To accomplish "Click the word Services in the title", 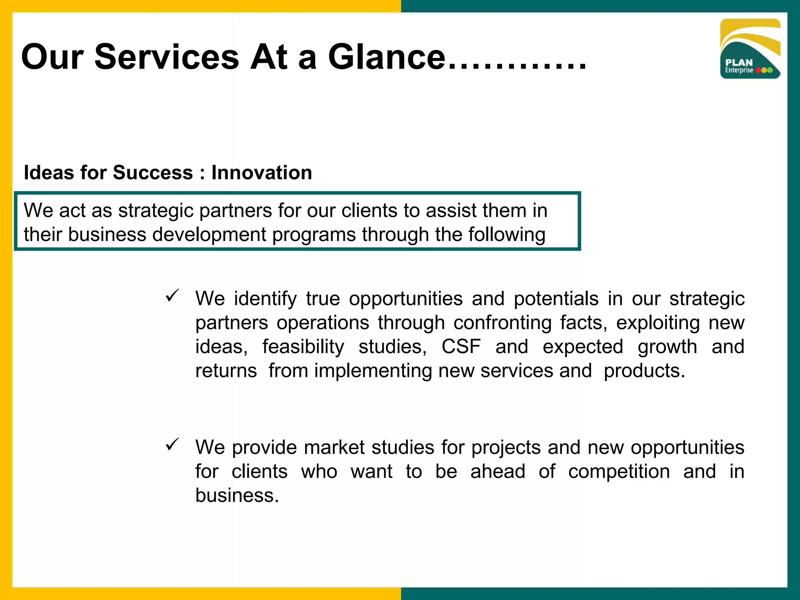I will click(166, 57).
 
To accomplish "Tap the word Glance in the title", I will click(386, 57).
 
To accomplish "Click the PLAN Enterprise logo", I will click(750, 49).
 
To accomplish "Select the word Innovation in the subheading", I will click(262, 173).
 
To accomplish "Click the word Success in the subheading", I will click(153, 173).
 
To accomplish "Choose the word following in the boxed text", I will click(507, 235).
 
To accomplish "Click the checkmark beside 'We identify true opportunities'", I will click(172, 295).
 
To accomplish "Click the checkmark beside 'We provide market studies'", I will click(172, 444).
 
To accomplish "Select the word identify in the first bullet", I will click(265, 299).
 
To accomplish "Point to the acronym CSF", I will click(461, 347).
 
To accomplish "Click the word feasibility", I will click(303, 347).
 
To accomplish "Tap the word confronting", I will click(502, 323).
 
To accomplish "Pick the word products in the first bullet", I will click(644, 371).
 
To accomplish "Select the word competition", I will click(619, 471).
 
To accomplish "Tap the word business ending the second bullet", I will click(237, 495).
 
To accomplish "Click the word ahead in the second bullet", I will click(498, 471).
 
